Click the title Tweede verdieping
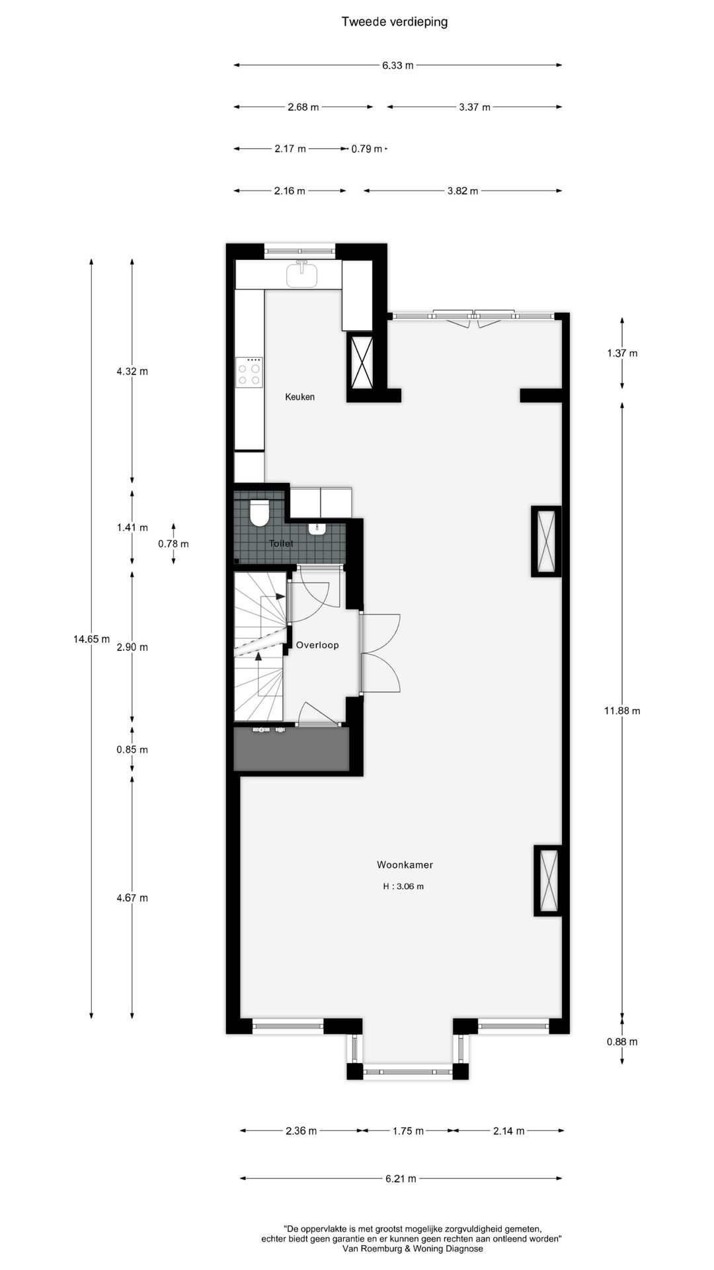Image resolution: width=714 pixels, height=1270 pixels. (394, 22)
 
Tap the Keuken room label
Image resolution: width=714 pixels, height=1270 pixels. (299, 397)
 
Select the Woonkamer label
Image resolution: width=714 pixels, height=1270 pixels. (405, 865)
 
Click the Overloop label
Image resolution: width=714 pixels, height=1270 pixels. (317, 645)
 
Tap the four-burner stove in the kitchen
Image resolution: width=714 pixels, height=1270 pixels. (251, 372)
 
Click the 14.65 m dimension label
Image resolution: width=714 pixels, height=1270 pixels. (91, 639)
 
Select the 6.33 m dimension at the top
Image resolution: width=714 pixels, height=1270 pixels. (397, 65)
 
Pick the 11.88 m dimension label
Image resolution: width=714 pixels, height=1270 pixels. (622, 711)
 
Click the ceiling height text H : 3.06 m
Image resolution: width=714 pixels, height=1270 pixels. (403, 886)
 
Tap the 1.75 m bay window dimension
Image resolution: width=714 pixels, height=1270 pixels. (407, 1130)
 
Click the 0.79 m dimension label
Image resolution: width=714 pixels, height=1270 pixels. (366, 149)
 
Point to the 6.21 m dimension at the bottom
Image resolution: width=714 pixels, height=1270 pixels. (401, 1178)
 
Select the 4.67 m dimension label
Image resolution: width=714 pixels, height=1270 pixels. (132, 898)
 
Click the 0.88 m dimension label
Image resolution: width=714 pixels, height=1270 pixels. (622, 1042)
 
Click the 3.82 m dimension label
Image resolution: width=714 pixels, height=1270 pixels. (462, 190)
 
